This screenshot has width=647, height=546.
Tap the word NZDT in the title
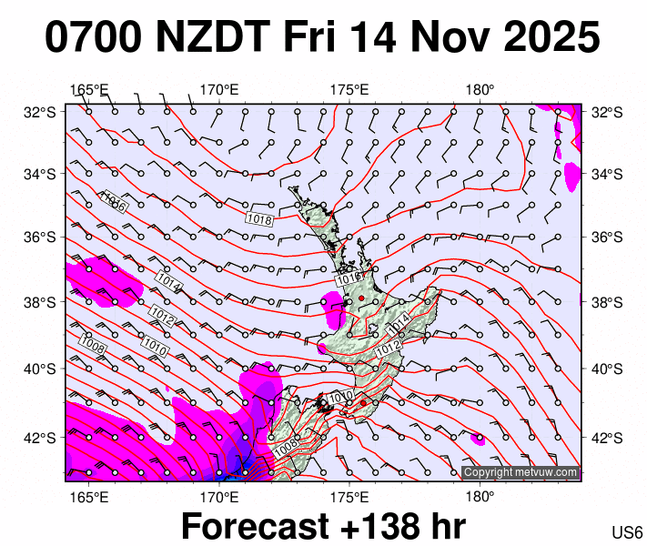pyautogui.click(x=212, y=38)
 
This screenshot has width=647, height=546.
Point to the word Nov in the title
pyautogui.click(x=441, y=38)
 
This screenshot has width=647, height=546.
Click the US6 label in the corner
pyautogui.click(x=628, y=532)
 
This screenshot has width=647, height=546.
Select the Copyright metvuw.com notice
pyautogui.click(x=520, y=472)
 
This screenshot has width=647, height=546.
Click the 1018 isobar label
pyautogui.click(x=259, y=219)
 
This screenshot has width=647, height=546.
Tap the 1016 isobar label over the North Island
pyautogui.click(x=349, y=278)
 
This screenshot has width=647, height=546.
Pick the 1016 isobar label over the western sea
pyautogui.click(x=113, y=202)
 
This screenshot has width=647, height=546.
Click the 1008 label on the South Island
pyautogui.click(x=285, y=448)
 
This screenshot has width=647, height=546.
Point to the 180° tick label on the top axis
pyautogui.click(x=480, y=89)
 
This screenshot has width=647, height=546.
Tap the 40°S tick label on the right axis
pyautogui.click(x=603, y=369)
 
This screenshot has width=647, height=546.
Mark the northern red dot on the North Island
pyautogui.click(x=361, y=298)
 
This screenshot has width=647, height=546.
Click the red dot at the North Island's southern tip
pyautogui.click(x=363, y=403)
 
